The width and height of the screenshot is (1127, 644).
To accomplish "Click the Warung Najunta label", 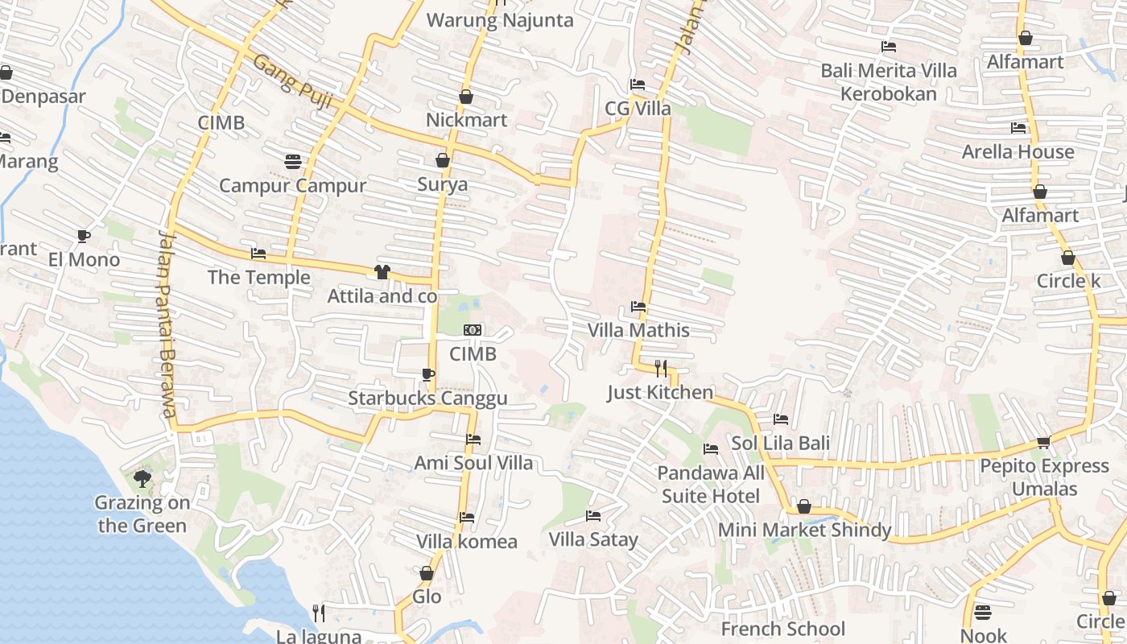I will tap(499, 20).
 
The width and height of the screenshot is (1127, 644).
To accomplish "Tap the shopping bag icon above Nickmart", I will tap(465, 97).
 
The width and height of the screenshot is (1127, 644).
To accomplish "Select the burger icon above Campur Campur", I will tap(293, 162).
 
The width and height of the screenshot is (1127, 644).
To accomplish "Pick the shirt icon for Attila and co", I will tap(382, 272).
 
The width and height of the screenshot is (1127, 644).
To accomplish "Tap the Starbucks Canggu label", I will tap(427, 398).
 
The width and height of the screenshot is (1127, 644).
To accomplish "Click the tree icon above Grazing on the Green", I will tap(142, 480).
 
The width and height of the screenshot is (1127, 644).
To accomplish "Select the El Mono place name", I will tap(84, 259).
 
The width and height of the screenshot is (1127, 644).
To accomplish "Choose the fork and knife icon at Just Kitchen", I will tap(660, 369).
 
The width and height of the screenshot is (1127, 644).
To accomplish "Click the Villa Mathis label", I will tap(638, 330).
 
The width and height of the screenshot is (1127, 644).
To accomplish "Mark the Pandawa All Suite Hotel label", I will tap(711, 484).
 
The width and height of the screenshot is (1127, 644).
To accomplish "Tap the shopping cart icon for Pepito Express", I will tap(1044, 442).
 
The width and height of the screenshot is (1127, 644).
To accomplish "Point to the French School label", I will tap(782, 629).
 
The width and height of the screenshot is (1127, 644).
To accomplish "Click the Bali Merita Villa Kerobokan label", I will tap(889, 82).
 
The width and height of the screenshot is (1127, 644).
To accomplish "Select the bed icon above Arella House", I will tap(1018, 128).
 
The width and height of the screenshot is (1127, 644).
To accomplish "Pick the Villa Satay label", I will tap(593, 539).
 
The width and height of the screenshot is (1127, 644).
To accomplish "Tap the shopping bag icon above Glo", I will tap(427, 573).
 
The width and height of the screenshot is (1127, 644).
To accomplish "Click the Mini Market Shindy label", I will tap(804, 530).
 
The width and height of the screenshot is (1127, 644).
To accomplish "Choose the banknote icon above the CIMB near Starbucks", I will tap(473, 330).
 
